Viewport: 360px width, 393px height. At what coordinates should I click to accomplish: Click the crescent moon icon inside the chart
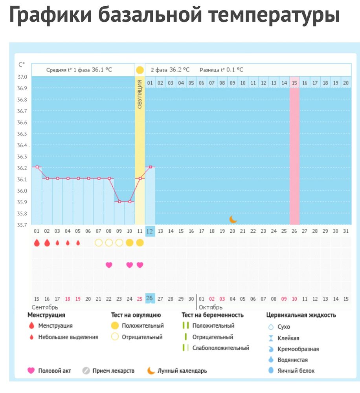(233, 219)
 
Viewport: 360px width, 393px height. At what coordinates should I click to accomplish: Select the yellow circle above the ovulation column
(140, 70)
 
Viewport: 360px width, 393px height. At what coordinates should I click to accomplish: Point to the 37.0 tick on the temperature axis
(22, 77)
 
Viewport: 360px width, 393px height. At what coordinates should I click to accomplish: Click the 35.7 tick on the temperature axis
(22, 225)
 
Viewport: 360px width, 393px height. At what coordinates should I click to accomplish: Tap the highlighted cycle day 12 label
(150, 231)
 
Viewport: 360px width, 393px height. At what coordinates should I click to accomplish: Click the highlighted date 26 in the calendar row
(150, 298)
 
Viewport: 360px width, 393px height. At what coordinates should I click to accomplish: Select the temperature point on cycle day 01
(37, 167)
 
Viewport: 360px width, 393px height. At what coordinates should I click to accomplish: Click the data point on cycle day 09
(119, 202)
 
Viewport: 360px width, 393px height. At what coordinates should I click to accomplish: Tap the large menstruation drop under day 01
(37, 243)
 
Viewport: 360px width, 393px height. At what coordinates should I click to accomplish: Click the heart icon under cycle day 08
(109, 265)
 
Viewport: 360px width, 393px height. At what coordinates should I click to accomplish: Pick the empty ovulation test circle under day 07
(99, 243)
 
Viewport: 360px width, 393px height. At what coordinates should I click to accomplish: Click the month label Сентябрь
(45, 307)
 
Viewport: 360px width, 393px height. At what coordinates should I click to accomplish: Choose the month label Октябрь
(211, 307)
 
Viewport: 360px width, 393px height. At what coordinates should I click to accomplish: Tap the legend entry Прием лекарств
(113, 371)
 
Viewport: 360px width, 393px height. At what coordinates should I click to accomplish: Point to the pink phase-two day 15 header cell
(295, 83)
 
